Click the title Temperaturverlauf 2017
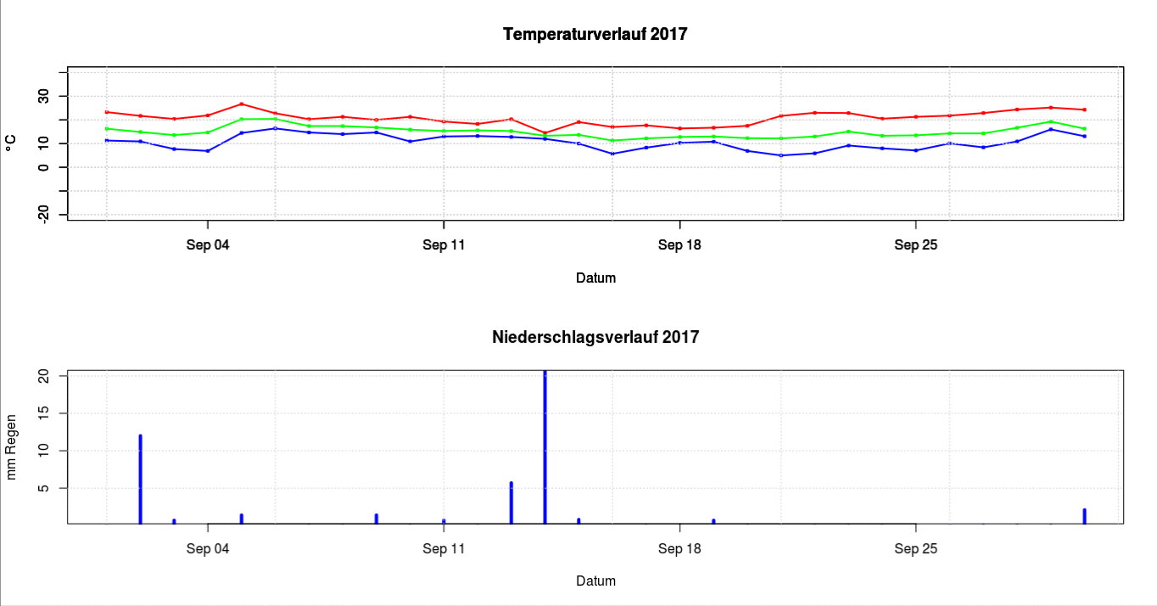point(595,35)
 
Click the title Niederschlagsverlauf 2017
point(595,337)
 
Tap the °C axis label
point(11,143)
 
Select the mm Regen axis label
point(11,448)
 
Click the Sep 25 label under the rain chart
point(916,548)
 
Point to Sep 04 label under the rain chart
point(208,548)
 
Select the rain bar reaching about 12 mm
point(140,480)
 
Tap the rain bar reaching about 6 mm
point(511,502)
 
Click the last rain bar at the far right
point(1084,516)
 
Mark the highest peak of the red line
point(242,104)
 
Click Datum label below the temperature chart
point(595,278)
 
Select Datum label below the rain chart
point(595,581)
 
